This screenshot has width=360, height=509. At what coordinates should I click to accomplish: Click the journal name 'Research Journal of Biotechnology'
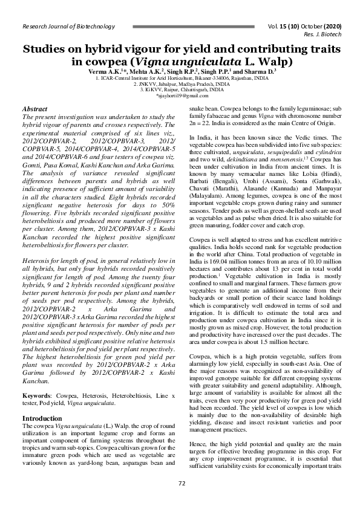pos(68,27)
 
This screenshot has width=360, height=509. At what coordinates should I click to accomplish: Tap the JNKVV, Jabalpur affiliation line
pos(180,84)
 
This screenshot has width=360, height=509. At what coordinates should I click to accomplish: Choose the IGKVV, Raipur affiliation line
pos(180,89)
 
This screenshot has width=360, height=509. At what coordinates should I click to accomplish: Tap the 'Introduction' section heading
pos(42,418)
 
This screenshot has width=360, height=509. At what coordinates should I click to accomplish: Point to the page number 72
pos(180,482)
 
